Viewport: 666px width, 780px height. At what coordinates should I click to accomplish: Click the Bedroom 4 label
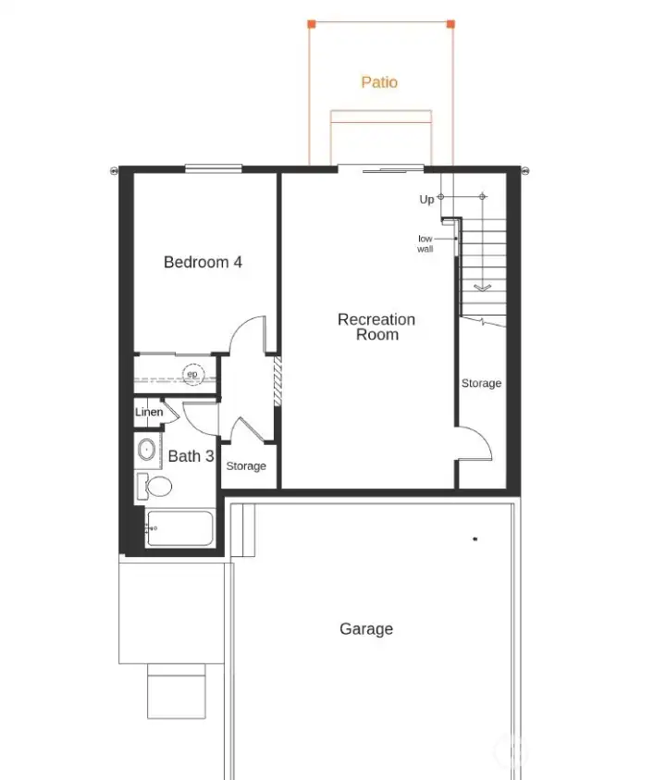(203, 262)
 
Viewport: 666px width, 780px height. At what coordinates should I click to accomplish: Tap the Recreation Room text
(376, 327)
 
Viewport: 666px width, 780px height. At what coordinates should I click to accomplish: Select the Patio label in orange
(379, 82)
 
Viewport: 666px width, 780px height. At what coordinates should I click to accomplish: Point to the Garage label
(366, 629)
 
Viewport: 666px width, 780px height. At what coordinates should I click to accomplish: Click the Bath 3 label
(191, 456)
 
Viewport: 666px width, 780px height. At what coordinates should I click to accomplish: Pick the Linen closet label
(149, 413)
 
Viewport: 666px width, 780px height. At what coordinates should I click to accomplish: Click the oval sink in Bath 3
(147, 451)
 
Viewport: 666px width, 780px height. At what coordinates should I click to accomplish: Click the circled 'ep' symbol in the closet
(192, 374)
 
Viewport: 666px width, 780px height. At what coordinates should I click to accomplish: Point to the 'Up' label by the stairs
(426, 200)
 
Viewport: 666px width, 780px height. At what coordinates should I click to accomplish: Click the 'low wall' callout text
(425, 243)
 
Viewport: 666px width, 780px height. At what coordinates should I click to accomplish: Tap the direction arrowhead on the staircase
(482, 288)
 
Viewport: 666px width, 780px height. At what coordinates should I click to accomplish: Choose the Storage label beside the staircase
(481, 383)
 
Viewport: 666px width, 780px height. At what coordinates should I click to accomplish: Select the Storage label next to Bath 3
(246, 466)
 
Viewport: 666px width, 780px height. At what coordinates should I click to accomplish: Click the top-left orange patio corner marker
(311, 23)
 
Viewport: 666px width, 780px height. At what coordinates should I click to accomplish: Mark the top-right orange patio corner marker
(450, 23)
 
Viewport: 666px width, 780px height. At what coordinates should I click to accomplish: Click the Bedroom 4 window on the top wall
(213, 168)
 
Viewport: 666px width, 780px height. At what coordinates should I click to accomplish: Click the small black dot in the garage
(475, 539)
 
